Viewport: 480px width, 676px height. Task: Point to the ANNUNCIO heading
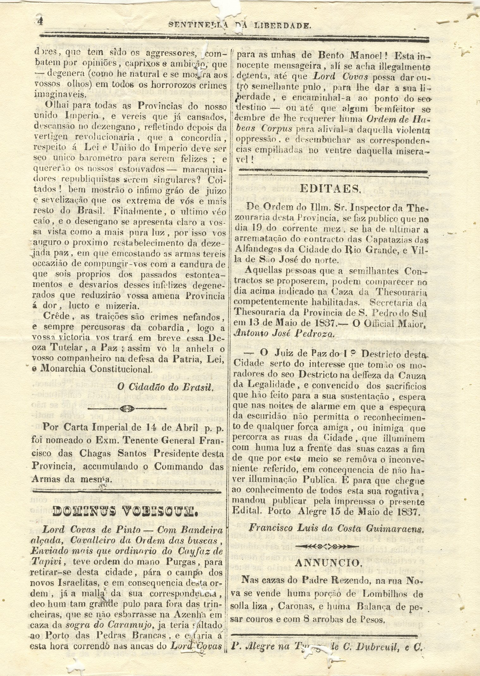pyautogui.click(x=329, y=563)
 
